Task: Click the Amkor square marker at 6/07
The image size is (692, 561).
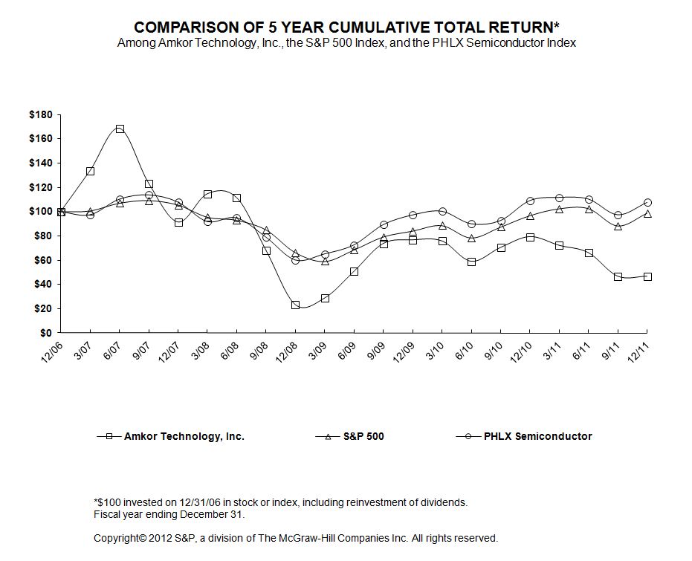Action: [120, 129]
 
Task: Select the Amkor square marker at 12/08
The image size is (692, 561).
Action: [296, 305]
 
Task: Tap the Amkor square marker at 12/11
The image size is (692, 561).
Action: [647, 276]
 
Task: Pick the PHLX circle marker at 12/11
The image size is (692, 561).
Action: [647, 202]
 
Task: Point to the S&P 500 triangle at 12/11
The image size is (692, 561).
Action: [647, 214]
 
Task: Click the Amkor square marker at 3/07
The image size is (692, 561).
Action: [90, 171]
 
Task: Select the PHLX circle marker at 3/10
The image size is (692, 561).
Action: [442, 211]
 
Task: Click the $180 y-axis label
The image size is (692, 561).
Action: [40, 114]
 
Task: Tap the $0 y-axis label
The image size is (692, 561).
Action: [46, 333]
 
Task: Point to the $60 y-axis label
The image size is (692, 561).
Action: [43, 260]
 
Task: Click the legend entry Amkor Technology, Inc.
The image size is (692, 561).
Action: [183, 436]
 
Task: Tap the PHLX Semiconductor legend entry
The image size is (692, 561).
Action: [537, 436]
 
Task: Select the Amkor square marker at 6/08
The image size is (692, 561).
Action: [237, 198]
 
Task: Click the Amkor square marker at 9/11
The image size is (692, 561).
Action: [618, 276]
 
